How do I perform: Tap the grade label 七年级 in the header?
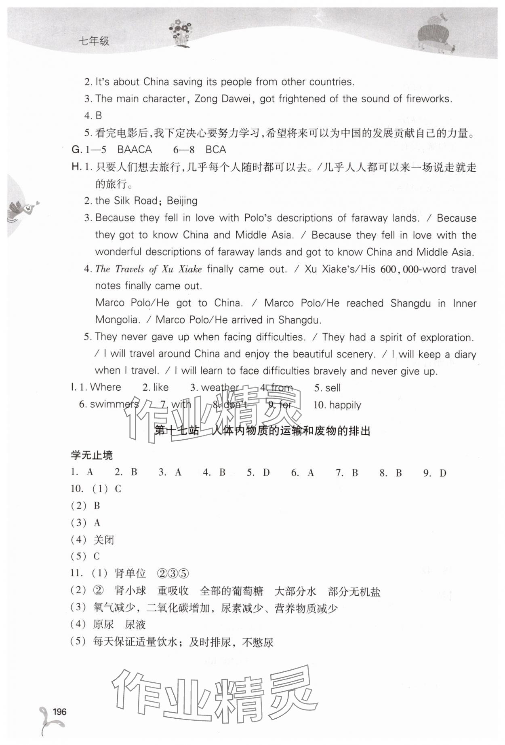pyautogui.click(x=94, y=41)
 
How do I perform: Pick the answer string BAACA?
pyautogui.click(x=135, y=150)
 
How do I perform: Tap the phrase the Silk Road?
pyautogui.click(x=126, y=201)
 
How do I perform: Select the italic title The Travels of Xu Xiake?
pyautogui.click(x=148, y=269)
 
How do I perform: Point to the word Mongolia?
pyautogui.click(x=116, y=320)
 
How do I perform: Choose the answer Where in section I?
pyautogui.click(x=105, y=387)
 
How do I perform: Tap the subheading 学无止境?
pyautogui.click(x=92, y=455)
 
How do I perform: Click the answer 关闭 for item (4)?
pyautogui.click(x=104, y=540)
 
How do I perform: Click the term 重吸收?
pyautogui.click(x=173, y=591)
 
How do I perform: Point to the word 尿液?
pyautogui.click(x=135, y=625)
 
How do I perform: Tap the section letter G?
pyautogui.click(x=76, y=150)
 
